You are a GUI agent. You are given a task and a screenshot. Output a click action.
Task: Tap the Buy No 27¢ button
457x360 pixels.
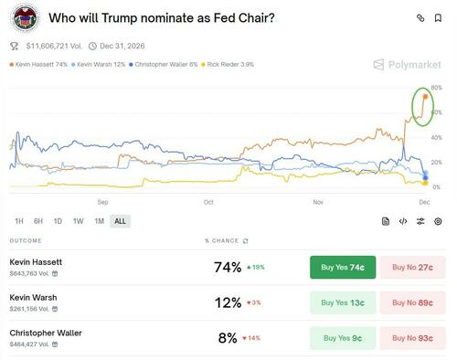(413, 268)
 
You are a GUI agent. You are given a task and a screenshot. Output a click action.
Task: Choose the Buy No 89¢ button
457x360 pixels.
(413, 302)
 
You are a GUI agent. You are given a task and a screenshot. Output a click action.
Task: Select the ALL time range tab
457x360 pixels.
(119, 221)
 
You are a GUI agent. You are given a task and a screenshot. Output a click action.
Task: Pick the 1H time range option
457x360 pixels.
(19, 221)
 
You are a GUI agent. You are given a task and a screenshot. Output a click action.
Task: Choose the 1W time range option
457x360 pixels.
(78, 221)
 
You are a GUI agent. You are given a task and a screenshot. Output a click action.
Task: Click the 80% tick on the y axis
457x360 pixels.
(437, 88)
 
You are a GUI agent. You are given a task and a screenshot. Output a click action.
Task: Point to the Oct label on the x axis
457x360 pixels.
(207, 201)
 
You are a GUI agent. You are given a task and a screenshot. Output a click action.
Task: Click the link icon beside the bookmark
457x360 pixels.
(420, 17)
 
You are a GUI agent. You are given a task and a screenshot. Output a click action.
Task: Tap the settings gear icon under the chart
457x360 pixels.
(438, 221)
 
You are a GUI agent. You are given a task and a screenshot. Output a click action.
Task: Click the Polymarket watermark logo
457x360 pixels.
(407, 65)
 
